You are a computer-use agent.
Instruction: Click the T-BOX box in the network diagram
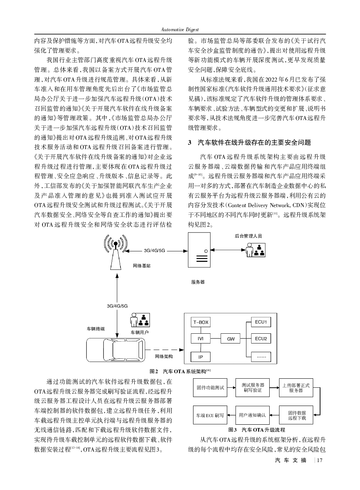[200, 322]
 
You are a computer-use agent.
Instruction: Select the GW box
[231, 339]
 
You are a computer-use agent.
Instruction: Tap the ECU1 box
[261, 322]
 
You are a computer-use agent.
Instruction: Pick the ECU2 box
[261, 339]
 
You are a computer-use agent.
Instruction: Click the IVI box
[200, 339]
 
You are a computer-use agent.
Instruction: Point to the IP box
[200, 357]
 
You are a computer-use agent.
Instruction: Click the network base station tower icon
[116, 252]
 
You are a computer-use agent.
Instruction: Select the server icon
[199, 250]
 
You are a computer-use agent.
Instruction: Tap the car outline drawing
[115, 349]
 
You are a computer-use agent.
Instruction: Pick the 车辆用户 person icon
[140, 320]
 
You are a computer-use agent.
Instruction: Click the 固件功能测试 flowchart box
[210, 387]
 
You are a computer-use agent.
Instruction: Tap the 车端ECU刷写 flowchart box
[210, 415]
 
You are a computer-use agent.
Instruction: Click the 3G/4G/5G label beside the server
[154, 251]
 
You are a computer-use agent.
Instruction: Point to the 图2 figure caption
[180, 371]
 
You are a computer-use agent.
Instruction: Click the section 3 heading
[249, 143]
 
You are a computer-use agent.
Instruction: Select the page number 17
[319, 460]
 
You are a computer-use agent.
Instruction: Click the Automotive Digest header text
[180, 29]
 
